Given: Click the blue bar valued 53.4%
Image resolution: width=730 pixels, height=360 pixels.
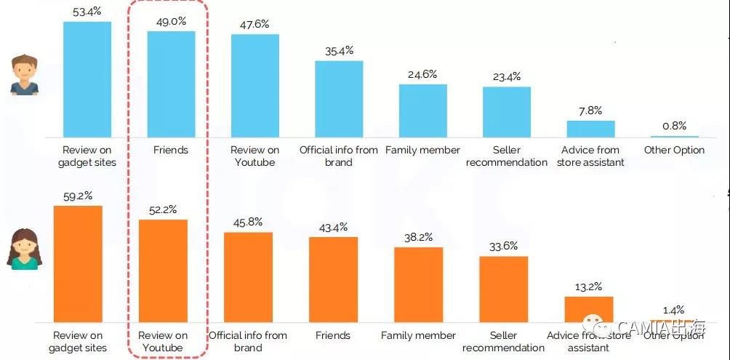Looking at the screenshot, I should [x=87, y=79].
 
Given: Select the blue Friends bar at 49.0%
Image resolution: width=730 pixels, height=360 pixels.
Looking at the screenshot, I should [x=171, y=84].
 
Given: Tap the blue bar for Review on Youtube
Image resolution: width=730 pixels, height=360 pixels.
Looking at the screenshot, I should [x=255, y=86].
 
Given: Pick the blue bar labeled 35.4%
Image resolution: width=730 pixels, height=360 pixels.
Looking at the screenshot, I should [x=339, y=99].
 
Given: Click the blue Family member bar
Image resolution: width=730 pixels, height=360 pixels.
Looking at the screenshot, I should [x=422, y=111].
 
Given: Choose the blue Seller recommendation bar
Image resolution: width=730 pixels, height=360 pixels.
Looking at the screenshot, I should [x=507, y=112].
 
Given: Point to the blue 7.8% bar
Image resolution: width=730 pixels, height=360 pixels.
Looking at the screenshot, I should [x=590, y=129].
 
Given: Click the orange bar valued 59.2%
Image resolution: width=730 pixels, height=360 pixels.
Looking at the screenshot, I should [x=78, y=263].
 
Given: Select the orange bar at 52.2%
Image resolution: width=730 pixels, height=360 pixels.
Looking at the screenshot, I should [x=163, y=271].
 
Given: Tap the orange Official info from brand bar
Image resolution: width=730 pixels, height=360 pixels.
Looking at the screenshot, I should [x=248, y=277].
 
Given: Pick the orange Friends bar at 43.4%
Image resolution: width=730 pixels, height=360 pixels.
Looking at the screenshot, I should [x=333, y=279].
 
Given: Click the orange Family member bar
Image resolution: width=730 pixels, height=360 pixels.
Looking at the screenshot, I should [x=418, y=284].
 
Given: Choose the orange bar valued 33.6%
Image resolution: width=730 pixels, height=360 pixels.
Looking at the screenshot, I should [x=503, y=289].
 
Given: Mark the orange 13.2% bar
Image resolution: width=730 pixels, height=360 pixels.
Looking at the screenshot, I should [x=589, y=309].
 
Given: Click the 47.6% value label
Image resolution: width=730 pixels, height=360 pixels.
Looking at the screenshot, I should [x=254, y=24].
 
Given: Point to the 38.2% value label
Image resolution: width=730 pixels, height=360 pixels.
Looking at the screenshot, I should [x=418, y=237].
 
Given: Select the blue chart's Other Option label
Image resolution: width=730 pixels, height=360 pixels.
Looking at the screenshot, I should [x=674, y=150].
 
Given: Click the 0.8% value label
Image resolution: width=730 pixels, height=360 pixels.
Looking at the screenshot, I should [x=674, y=126].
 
